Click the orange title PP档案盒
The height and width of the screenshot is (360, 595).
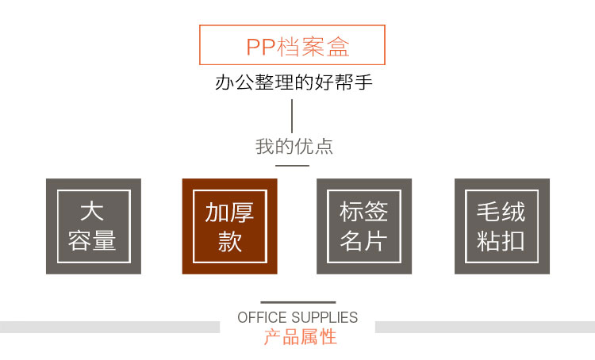tap(297, 46)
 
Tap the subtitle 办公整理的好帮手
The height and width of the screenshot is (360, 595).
tap(293, 82)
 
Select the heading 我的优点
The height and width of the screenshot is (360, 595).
tap(294, 147)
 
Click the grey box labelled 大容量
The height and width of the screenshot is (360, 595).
tap(93, 226)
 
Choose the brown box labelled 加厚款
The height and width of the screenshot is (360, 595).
tap(229, 226)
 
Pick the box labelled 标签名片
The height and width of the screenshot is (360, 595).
tap(363, 226)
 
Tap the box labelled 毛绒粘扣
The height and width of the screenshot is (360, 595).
tap(501, 226)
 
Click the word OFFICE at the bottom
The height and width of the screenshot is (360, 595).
tap(262, 318)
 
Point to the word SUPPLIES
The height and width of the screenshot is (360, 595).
tap(324, 318)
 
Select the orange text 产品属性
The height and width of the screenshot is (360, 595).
tap(300, 337)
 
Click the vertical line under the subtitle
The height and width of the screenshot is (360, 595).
tap(293, 116)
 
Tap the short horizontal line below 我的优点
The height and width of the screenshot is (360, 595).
tap(292, 166)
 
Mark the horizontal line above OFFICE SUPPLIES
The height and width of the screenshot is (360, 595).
tap(297, 302)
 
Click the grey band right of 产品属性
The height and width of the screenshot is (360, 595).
tap(485, 327)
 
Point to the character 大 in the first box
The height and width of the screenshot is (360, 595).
tap(92, 212)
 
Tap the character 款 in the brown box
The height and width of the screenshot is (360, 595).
tap(230, 241)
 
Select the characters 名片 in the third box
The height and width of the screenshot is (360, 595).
tap(363, 241)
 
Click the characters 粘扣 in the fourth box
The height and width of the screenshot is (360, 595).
tap(501, 241)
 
